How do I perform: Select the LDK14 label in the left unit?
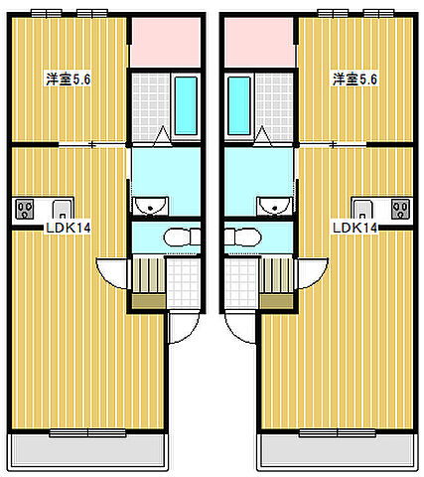68,228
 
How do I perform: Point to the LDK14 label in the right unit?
355,228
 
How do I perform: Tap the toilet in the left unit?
181,238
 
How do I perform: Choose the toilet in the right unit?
242,238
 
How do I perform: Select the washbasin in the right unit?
269,207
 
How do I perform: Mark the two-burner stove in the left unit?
24,210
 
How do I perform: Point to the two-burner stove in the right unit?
400,210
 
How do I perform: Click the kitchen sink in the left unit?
60,210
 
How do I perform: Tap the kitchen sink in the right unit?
363,210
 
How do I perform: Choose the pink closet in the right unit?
258,42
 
